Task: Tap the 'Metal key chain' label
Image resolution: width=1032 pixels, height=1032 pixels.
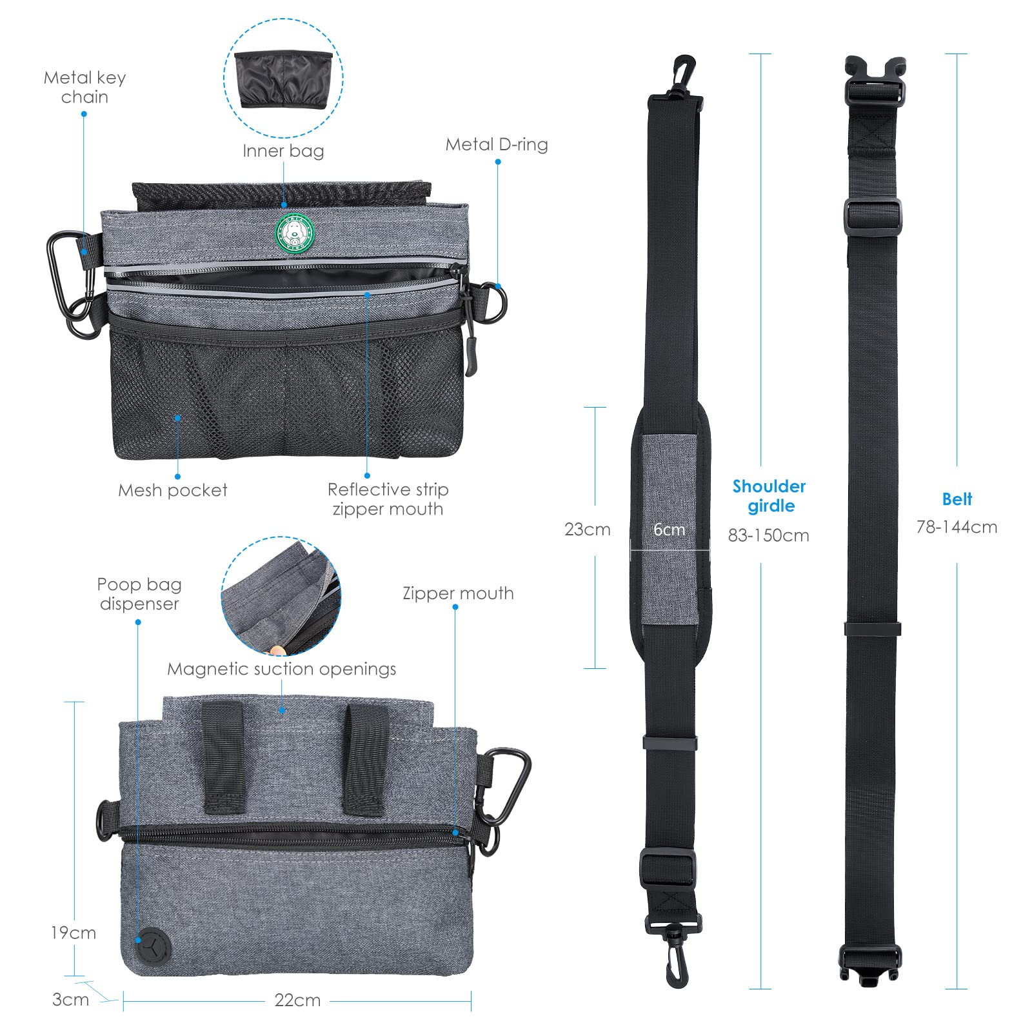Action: (x=84, y=87)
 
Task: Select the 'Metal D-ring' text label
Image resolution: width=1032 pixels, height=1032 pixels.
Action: (x=497, y=144)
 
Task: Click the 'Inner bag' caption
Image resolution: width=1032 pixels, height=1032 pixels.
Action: (x=283, y=151)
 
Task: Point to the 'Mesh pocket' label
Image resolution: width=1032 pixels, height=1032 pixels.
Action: (x=173, y=490)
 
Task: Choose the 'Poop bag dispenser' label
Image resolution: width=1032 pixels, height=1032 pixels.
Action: (x=139, y=594)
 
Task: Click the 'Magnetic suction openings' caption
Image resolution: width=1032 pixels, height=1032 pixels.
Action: (x=282, y=669)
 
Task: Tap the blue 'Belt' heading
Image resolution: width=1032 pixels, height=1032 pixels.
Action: (x=957, y=499)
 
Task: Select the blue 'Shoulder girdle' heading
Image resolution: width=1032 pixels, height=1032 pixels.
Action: (x=769, y=496)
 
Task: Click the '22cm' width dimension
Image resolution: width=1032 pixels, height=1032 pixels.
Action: (x=297, y=1000)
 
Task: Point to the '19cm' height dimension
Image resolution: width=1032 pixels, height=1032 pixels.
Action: (x=74, y=933)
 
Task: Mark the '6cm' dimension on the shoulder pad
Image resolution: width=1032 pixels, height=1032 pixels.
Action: (x=670, y=530)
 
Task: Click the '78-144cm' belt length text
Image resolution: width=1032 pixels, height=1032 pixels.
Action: (x=957, y=527)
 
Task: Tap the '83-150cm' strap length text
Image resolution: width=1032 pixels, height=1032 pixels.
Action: (x=769, y=535)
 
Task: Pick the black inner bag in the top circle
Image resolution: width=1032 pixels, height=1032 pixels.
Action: (x=284, y=80)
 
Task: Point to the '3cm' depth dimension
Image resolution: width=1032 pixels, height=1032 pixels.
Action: (x=70, y=1000)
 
